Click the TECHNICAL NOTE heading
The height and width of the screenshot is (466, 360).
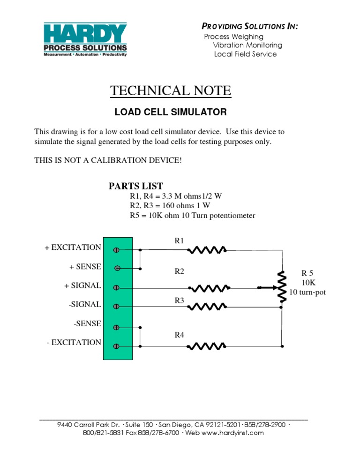pyautogui.click(x=171, y=90)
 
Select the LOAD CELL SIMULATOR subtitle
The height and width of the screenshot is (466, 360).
pyautogui.click(x=171, y=113)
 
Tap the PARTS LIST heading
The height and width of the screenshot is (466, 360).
pyautogui.click(x=136, y=186)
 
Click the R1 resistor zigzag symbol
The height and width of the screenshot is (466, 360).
pyautogui.click(x=207, y=250)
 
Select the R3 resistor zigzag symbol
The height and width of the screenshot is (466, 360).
pyautogui.click(x=207, y=307)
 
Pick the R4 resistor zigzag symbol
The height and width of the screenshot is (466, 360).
pyautogui.click(x=207, y=346)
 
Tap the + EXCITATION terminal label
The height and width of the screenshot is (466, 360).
pyautogui.click(x=73, y=248)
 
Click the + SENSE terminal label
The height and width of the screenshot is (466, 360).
pyautogui.click(x=85, y=267)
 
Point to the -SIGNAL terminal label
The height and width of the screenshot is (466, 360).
pyautogui.click(x=84, y=305)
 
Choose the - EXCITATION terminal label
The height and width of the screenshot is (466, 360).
pyautogui.click(x=74, y=342)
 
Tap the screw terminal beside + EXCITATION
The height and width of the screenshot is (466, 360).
pyautogui.click(x=116, y=250)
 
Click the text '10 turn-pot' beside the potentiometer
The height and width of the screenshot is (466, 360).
pyautogui.click(x=307, y=293)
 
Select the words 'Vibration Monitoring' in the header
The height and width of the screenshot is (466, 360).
pyautogui.click(x=247, y=45)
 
